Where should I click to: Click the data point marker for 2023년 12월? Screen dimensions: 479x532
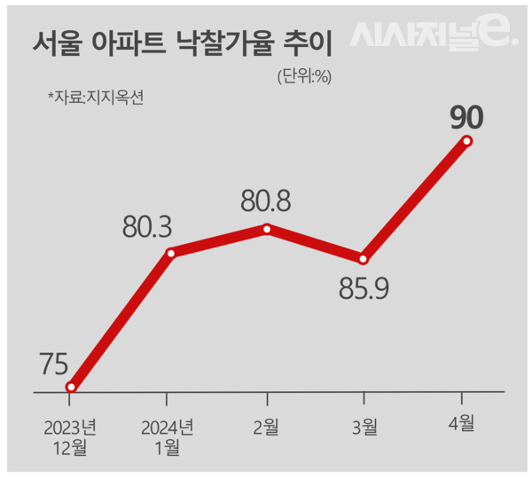pyautogui.click(x=71, y=387)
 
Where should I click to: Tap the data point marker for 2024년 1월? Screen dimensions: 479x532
pyautogui.click(x=170, y=253)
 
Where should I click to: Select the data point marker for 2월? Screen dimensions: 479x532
pyautogui.click(x=267, y=229)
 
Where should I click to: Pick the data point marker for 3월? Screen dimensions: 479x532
pyautogui.click(x=363, y=259)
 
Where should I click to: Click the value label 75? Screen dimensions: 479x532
pyautogui.click(x=56, y=365)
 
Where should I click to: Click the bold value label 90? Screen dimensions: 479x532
pyautogui.click(x=465, y=116)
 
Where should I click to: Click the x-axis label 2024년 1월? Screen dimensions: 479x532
pyautogui.click(x=167, y=436)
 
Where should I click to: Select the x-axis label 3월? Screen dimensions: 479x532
pyautogui.click(x=364, y=428)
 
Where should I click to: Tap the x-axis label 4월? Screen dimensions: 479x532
pyautogui.click(x=461, y=425)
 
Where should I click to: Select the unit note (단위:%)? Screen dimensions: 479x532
pyautogui.click(x=303, y=76)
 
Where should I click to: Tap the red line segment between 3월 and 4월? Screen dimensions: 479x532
pyautogui.click(x=415, y=200)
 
